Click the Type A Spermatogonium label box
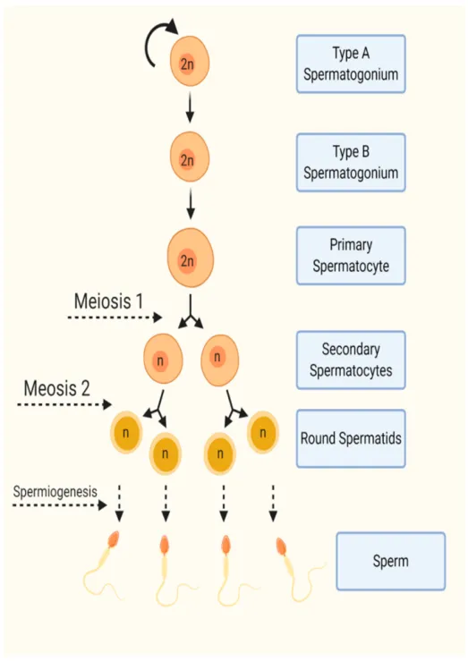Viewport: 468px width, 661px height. click(351, 64)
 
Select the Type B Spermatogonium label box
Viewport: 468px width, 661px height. click(351, 163)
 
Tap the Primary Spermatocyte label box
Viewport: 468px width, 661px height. click(351, 256)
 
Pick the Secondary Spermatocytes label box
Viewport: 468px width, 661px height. click(351, 360)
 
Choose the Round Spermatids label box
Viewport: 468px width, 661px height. click(351, 438)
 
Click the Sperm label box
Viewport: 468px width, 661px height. click(391, 561)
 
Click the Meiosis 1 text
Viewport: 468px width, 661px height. click(109, 301)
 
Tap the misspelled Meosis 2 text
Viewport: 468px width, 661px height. click(57, 388)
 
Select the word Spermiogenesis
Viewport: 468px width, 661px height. click(55, 492)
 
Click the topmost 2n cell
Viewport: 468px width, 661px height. click(190, 61)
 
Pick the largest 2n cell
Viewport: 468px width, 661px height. click(191, 258)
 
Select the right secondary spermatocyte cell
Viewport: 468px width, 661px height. click(219, 360)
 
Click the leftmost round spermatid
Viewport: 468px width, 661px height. click(126, 433)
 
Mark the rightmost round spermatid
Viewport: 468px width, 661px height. click(263, 433)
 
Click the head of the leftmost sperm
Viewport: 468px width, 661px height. click(114, 539)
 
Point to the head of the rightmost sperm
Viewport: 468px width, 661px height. click(281, 547)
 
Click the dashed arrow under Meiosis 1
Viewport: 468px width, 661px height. click(115, 318)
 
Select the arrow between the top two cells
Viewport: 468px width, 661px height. click(190, 107)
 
